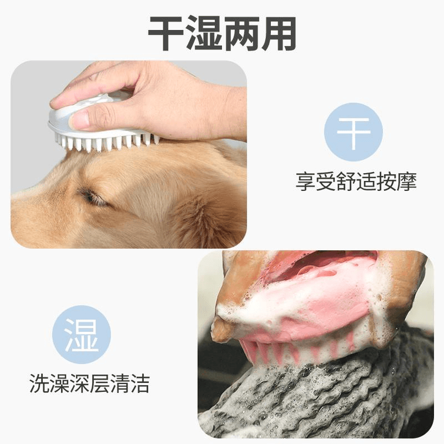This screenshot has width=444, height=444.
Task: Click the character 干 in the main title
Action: [x=166, y=33]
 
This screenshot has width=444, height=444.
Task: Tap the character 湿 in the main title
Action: [x=204, y=33]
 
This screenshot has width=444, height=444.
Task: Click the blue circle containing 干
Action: [x=354, y=132]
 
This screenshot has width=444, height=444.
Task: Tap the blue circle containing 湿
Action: [x=82, y=335]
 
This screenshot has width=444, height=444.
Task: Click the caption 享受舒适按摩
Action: [x=356, y=181]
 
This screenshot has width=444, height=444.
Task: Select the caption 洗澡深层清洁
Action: [x=89, y=383]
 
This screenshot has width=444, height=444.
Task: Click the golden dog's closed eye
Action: [x=93, y=198]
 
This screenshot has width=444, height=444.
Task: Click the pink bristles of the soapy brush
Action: [x=297, y=349]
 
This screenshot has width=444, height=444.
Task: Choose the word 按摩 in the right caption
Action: [x=396, y=181]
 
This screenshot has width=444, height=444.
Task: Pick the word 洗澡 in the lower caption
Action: [x=49, y=383]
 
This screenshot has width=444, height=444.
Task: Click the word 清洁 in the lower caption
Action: [x=130, y=383]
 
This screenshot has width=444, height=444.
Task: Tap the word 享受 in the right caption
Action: [x=316, y=181]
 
